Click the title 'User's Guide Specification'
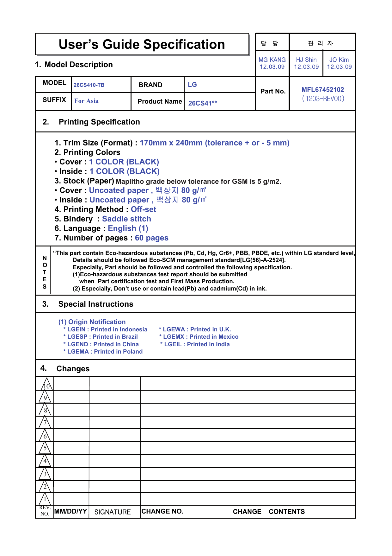pos(142,44)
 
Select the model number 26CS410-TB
pos(89,85)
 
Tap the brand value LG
pos(192,85)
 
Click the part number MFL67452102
pos(322,90)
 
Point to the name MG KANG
pos(272,60)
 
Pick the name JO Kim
pos(339,60)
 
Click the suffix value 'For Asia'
pos(86,101)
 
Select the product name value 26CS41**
pos(202,103)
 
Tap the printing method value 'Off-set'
pos(144,209)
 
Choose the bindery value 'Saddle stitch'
pos(126,219)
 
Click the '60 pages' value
pos(152,238)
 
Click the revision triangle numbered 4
pos(45,461)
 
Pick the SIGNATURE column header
pos(113,512)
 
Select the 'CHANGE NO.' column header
pos(162,511)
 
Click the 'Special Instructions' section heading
pos(95,304)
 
